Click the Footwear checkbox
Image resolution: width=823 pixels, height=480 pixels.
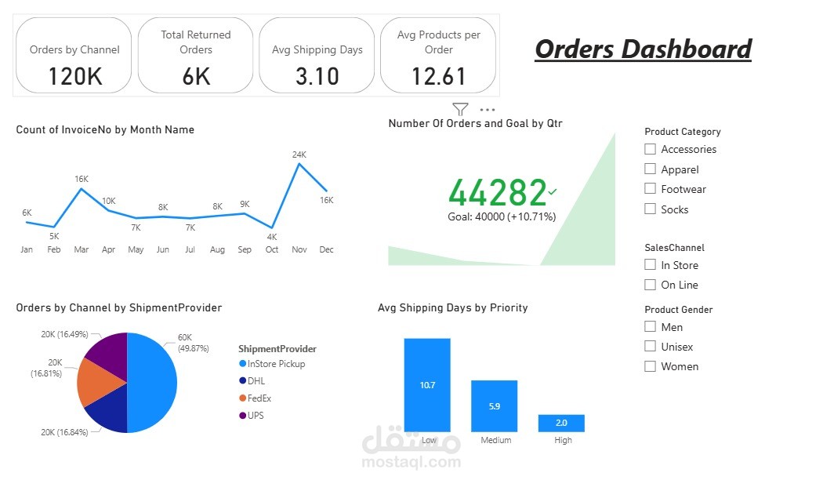pyautogui.click(x=650, y=189)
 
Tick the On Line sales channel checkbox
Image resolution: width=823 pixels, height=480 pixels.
pyautogui.click(x=650, y=285)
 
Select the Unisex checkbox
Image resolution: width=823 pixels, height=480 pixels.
pyautogui.click(x=650, y=347)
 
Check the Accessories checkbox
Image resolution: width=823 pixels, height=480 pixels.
pyautogui.click(x=650, y=149)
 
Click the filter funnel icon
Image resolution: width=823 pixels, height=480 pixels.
pyautogui.click(x=460, y=110)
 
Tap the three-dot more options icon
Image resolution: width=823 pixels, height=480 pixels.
pyautogui.click(x=487, y=111)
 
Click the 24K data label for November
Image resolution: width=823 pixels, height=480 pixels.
pyautogui.click(x=299, y=155)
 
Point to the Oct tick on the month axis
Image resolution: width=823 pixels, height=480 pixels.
pyautogui.click(x=272, y=249)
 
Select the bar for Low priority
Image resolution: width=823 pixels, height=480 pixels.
pyautogui.click(x=427, y=385)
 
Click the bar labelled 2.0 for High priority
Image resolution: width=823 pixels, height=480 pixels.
pyautogui.click(x=561, y=423)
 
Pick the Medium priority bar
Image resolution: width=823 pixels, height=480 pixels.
pyautogui.click(x=494, y=406)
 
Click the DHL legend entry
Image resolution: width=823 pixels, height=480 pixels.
pyautogui.click(x=256, y=381)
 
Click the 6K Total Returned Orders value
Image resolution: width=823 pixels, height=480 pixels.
pyautogui.click(x=195, y=76)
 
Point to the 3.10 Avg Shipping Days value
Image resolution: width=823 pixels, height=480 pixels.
pyautogui.click(x=317, y=76)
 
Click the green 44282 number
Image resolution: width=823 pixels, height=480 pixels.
pyautogui.click(x=497, y=193)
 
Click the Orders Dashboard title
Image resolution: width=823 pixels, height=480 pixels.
pyautogui.click(x=643, y=49)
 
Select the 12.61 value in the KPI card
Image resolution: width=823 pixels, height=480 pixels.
pyautogui.click(x=438, y=76)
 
